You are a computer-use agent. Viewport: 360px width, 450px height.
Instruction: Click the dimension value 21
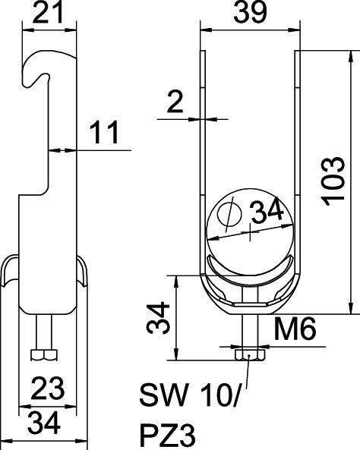pos(47,13)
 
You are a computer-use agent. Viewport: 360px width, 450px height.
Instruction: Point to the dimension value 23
pos(47,390)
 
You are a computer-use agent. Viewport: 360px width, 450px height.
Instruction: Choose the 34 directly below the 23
pos(47,420)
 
